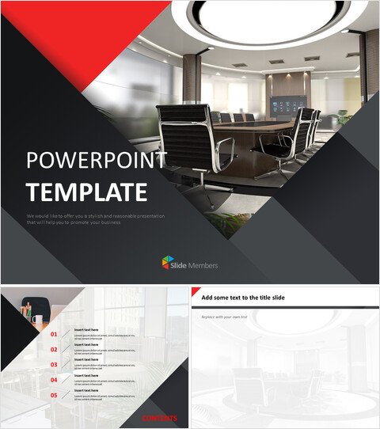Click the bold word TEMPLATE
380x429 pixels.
(x=86, y=192)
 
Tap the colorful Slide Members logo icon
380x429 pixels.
(x=168, y=263)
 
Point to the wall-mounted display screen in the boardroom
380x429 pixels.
(x=280, y=104)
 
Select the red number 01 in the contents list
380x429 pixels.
(x=54, y=334)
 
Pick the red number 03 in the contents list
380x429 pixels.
(x=54, y=364)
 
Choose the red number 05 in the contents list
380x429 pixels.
(x=54, y=394)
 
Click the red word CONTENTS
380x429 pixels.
(x=159, y=418)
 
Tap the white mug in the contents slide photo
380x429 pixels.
(x=37, y=321)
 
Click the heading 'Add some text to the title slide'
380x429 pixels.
(x=243, y=298)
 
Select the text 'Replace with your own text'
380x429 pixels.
(x=224, y=317)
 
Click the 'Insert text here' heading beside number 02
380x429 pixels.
(x=86, y=345)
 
